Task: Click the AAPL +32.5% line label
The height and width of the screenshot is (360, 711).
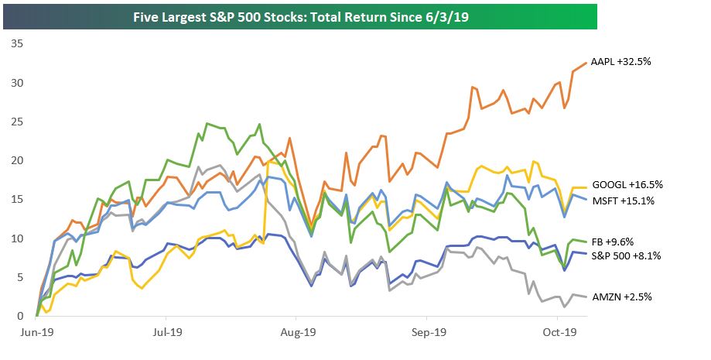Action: [x=620, y=61]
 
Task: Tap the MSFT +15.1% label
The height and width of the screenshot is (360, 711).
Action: [x=624, y=201]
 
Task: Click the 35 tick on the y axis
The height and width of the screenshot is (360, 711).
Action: [x=15, y=44]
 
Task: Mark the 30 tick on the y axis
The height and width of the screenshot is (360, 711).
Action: [x=15, y=83]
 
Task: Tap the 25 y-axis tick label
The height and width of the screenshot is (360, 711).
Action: [x=15, y=122]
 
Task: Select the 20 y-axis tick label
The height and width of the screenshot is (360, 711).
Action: [x=15, y=160]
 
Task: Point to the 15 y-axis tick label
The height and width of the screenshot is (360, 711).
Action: [x=15, y=200]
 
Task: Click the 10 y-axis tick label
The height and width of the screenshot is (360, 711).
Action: [x=15, y=238]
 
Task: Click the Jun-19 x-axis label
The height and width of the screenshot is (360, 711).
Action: [x=36, y=331]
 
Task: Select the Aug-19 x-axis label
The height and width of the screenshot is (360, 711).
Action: [x=296, y=331]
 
